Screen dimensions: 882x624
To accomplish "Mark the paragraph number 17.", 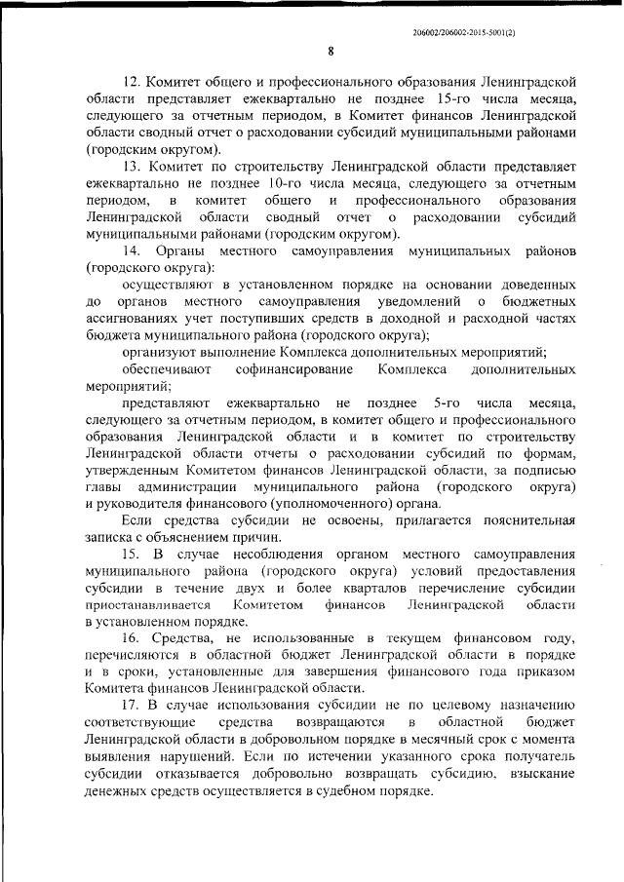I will (133, 705).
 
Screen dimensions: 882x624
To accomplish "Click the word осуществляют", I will (173, 285).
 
